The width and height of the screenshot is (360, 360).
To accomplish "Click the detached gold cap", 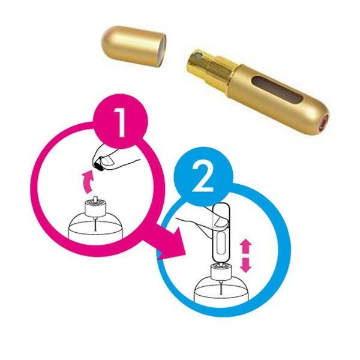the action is (134, 46).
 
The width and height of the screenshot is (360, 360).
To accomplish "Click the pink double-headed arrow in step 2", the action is (245, 256).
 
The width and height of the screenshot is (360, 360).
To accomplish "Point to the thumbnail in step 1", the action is (107, 160).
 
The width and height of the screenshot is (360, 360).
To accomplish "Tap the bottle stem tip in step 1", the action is (95, 199).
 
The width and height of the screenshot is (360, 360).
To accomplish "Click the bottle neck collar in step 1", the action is (95, 208).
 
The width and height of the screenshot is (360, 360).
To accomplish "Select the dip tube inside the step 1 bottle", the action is (95, 224).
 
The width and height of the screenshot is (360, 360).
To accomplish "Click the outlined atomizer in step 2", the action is (221, 233).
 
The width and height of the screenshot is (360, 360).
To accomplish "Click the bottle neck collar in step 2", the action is (221, 272).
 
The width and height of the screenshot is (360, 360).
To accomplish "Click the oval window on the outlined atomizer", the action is (221, 243).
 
